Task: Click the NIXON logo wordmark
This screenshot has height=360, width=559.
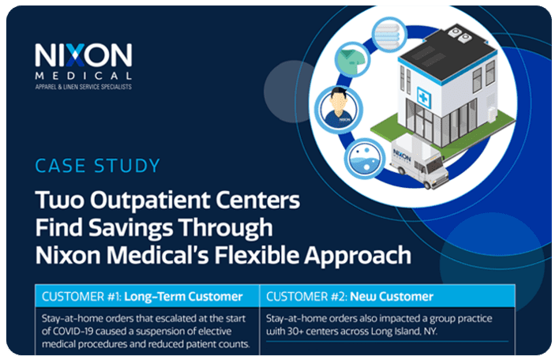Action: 84,55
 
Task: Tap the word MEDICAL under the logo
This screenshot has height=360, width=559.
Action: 84,76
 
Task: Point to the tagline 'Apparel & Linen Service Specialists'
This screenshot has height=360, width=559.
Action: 84,87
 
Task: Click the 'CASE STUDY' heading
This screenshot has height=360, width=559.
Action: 98,166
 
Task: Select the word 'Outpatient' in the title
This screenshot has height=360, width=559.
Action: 150,201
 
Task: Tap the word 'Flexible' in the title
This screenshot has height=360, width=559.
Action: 256,255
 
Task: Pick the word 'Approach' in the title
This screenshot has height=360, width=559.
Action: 358,256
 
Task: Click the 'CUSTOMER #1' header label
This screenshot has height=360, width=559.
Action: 81,297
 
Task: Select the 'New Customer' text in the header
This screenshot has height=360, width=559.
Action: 392,297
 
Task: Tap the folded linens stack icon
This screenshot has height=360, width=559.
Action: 388,35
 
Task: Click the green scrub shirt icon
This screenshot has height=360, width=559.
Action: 352,59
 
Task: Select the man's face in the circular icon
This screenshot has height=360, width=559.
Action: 339,100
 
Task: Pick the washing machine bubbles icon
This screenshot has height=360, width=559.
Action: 364,158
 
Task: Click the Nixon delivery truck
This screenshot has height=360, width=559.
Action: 419,161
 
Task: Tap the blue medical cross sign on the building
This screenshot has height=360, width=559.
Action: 424,97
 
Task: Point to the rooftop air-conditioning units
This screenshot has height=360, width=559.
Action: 460,33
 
